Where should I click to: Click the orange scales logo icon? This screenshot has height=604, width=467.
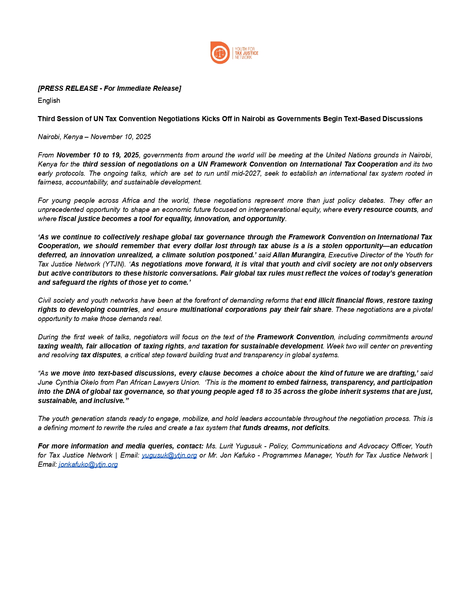pos(220,53)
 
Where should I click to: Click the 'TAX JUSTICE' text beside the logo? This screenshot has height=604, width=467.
pos(246,53)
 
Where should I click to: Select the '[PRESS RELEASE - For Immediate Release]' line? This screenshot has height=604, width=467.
pos(109,88)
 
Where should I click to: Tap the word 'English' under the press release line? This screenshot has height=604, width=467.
pos(49,100)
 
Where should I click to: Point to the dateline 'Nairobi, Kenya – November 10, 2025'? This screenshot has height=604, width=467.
pos(94,137)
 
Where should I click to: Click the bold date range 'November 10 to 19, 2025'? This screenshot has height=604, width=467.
pos(97,155)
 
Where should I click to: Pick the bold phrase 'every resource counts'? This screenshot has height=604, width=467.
pos(380,209)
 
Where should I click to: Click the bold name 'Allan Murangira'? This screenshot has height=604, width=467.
pos(299,255)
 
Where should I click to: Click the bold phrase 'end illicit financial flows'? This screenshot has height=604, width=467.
pos(344,300)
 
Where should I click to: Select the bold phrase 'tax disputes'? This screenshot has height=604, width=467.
pos(101,355)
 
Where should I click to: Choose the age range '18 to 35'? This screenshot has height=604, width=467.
pos(259,391)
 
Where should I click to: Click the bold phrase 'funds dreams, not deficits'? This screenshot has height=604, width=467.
pos(286,428)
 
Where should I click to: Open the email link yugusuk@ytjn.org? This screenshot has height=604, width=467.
pos(169,455)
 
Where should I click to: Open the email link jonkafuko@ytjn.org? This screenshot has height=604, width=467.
pos(88,464)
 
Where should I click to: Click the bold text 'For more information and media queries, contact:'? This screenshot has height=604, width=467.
pos(121,446)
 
